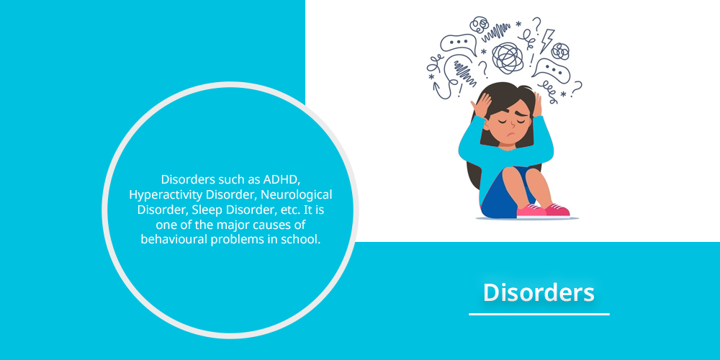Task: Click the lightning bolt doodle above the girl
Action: pyautogui.click(x=547, y=40)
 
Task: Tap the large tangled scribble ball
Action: pyautogui.click(x=508, y=58)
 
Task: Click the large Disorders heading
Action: pyautogui.click(x=539, y=292)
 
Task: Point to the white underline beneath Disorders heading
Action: pyautogui.click(x=539, y=314)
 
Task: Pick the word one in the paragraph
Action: pyautogui.click(x=164, y=225)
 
